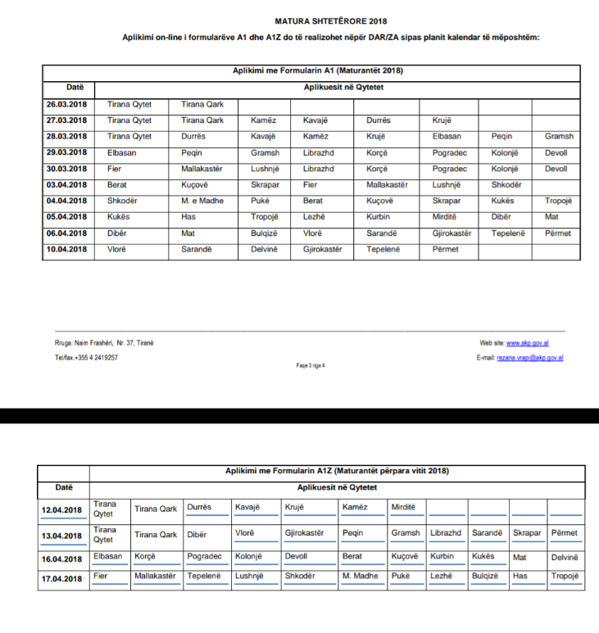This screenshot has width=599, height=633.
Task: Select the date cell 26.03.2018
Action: [66, 105]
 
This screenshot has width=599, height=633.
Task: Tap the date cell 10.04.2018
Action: [66, 249]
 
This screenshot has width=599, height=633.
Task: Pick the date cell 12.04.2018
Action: [62, 510]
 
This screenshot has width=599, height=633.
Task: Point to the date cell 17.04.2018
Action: [62, 577]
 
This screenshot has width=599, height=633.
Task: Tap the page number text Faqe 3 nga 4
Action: [311, 365]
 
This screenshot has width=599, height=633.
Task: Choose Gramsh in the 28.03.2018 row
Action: [559, 137]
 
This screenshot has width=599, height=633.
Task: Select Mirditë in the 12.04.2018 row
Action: [403, 507]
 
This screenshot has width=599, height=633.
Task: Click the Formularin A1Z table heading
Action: [337, 471]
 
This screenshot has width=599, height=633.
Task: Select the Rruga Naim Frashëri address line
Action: [98, 343]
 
